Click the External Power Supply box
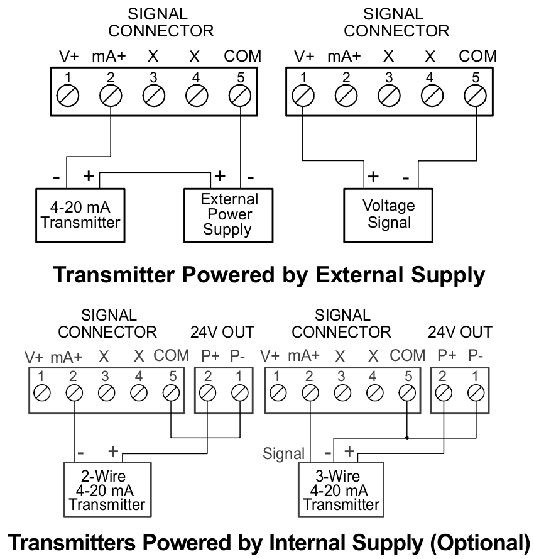click(229, 214)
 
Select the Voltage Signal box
click(389, 214)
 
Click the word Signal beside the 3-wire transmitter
click(283, 453)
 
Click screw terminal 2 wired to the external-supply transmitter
click(111, 97)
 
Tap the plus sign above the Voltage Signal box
click(373, 176)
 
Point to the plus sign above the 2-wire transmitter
click(114, 451)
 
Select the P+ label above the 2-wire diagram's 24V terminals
click(210, 355)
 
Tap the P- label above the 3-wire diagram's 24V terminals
click(476, 355)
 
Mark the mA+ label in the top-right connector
click(344, 56)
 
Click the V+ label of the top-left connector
click(69, 56)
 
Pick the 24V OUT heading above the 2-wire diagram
click(222, 331)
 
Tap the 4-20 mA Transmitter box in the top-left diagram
click(76, 214)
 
